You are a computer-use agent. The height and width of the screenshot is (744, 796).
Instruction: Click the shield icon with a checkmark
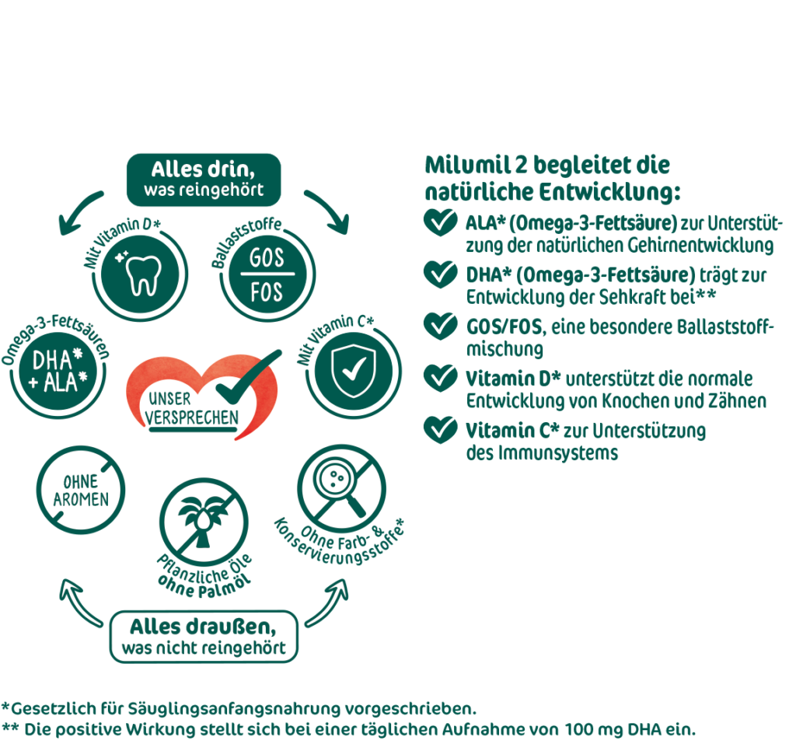coord(354,371)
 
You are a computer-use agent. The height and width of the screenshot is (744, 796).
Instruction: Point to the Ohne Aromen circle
coord(81,490)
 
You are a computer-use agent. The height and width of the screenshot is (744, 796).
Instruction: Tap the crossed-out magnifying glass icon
coord(342,488)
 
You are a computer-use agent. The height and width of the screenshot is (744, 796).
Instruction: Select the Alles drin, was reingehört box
coord(204,180)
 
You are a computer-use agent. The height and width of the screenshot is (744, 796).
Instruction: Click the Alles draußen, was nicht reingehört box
coord(204,637)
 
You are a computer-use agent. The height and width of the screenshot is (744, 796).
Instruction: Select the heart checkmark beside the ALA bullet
coord(440,222)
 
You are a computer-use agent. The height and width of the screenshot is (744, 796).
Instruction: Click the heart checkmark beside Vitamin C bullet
coord(440,430)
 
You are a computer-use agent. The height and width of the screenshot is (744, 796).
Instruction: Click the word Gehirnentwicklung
coord(700,246)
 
